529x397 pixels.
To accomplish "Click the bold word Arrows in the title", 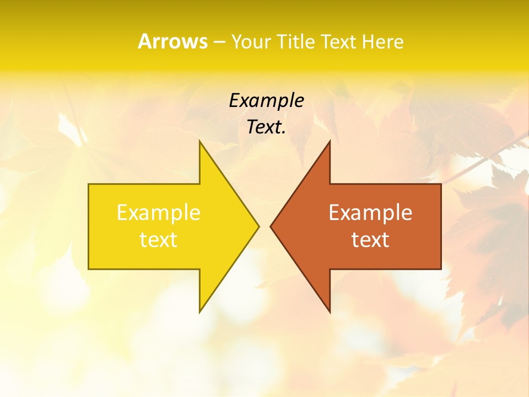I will pyautogui.click(x=172, y=41).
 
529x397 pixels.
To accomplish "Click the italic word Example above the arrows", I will pyautogui.click(x=266, y=101).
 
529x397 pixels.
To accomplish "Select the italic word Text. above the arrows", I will pyautogui.click(x=266, y=127).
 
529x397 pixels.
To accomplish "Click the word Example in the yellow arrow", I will pyautogui.click(x=159, y=213).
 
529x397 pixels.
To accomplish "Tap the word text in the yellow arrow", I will pyautogui.click(x=159, y=240).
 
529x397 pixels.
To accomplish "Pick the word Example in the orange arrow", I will pyautogui.click(x=370, y=213).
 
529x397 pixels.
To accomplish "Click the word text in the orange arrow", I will pyautogui.click(x=370, y=240).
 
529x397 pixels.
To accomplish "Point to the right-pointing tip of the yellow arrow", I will pyautogui.click(x=258, y=226).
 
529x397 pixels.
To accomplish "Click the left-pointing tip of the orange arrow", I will pyautogui.click(x=271, y=226).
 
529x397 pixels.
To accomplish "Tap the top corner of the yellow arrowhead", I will pyautogui.click(x=200, y=141).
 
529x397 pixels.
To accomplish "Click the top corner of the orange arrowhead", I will pyautogui.click(x=330, y=141).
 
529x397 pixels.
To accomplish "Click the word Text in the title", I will pyautogui.click(x=338, y=42).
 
